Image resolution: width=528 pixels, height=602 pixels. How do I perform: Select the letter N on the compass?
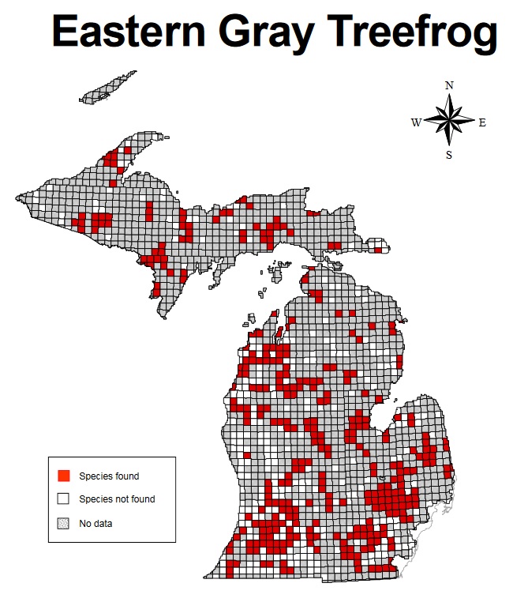[x=449, y=85]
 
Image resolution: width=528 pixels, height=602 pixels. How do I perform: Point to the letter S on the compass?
[x=449, y=156]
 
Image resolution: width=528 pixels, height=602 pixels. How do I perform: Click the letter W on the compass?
[x=415, y=122]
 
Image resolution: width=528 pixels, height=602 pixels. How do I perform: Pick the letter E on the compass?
[x=482, y=122]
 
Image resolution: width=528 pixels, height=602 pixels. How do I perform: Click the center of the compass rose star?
[x=449, y=122]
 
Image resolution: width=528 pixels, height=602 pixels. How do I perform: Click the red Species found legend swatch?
[x=64, y=476]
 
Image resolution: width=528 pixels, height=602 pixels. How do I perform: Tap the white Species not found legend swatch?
[x=64, y=499]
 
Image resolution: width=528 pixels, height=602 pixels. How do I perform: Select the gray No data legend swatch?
[x=64, y=522]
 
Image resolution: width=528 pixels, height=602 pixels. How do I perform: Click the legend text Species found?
[x=109, y=476]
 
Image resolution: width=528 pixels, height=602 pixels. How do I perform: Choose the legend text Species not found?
[x=117, y=499]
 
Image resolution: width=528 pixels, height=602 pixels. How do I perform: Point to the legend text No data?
[x=95, y=522]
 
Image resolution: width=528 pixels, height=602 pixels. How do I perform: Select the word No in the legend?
[x=84, y=522]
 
